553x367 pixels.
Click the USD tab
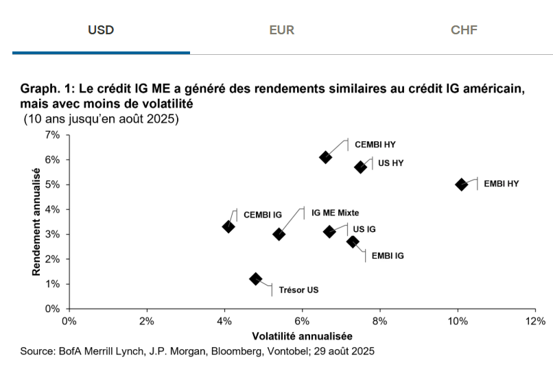click(101, 30)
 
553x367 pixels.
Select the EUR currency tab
click(282, 30)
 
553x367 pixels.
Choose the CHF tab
click(464, 30)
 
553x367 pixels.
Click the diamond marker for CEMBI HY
click(326, 157)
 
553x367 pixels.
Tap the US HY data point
click(361, 167)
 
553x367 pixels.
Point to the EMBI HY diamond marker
click(462, 185)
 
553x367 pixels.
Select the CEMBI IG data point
click(228, 226)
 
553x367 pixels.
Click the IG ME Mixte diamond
click(279, 234)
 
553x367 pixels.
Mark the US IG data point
click(329, 231)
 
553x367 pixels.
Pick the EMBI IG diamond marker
click(353, 241)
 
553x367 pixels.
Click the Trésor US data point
click(256, 279)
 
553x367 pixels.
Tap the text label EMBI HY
click(502, 185)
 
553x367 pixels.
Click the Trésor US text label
click(298, 289)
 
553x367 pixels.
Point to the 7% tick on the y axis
click(52, 134)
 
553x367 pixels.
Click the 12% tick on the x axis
click(535, 320)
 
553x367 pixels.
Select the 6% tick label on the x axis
click(302, 320)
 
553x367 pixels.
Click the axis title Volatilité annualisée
click(302, 336)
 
